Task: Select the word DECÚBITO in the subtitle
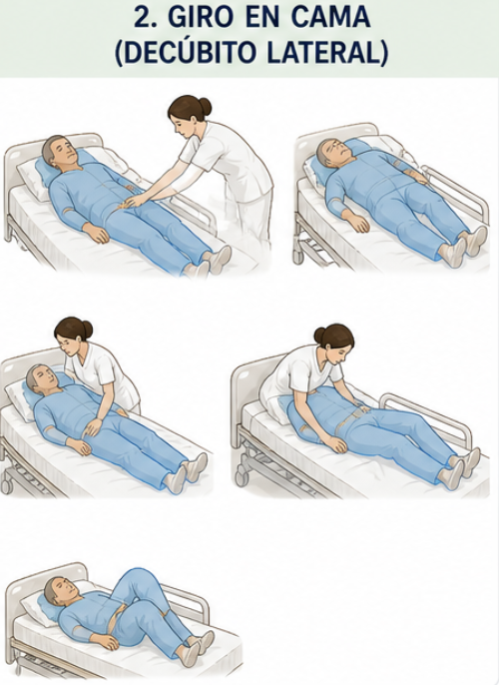(x=189, y=52)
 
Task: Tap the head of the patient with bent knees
(x=62, y=590)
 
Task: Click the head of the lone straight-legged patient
(x=334, y=152)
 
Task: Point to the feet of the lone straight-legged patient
(x=463, y=246)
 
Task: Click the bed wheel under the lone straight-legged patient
(x=298, y=255)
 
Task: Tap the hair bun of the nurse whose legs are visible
(x=204, y=106)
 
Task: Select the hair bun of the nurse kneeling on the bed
(x=320, y=336)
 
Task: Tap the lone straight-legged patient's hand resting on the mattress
(x=356, y=221)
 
